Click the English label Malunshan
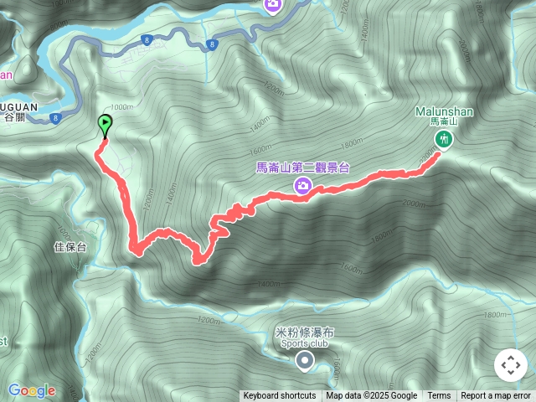pos(443,111)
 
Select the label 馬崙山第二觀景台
pos(302,167)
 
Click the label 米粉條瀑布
pos(304,332)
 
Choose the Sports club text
pos(305,343)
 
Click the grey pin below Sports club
pos(305,361)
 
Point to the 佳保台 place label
pos(70,247)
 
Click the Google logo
pos(32,390)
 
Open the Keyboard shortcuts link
pos(280,396)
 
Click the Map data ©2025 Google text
pos(372,396)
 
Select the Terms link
pos(439,396)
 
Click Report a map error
pos(496,396)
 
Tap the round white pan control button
pos(510,366)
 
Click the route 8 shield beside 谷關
pos(56,117)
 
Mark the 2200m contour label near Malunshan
pos(430,155)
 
